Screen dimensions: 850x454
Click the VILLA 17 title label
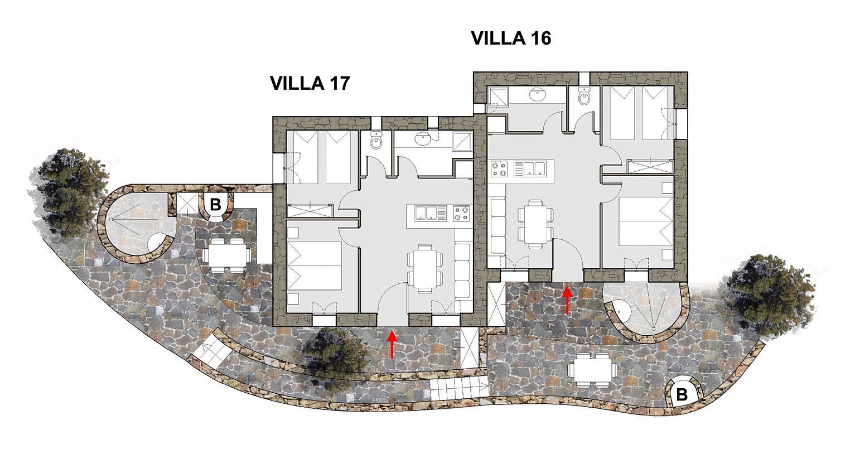click(x=310, y=83)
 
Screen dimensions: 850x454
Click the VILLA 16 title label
click(x=511, y=38)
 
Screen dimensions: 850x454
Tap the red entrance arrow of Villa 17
click(x=392, y=344)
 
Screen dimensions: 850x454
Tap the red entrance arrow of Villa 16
click(x=567, y=300)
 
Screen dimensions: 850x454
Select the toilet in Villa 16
click(x=585, y=96)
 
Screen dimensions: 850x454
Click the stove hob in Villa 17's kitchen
click(x=461, y=213)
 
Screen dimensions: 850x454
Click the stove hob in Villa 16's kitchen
click(x=499, y=168)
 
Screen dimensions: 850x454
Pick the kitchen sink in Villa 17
click(x=431, y=213)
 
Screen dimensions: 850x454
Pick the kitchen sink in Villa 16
click(x=530, y=168)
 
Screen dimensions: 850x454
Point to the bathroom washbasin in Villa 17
click(x=422, y=139)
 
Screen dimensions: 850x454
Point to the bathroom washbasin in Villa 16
click(x=538, y=95)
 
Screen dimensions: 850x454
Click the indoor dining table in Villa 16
click(x=535, y=224)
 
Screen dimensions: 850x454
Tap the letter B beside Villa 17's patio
click(x=215, y=205)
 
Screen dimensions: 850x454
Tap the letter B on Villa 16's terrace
click(x=682, y=395)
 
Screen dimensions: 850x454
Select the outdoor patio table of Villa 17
click(x=226, y=255)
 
